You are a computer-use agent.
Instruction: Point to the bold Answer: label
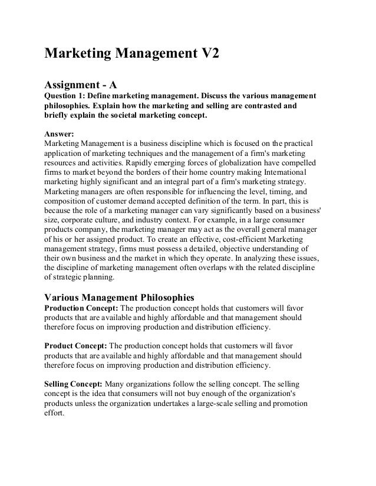(60, 133)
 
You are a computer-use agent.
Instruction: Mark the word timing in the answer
(274, 192)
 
